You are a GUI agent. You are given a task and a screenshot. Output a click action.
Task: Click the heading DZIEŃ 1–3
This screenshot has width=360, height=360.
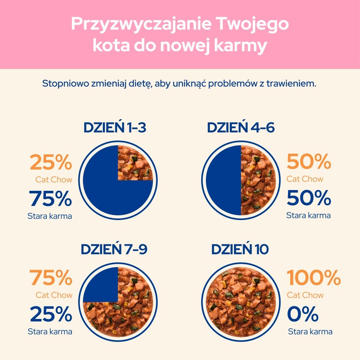click(x=115, y=128)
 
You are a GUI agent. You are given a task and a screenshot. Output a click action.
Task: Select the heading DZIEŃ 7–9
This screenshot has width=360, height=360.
click(x=114, y=249)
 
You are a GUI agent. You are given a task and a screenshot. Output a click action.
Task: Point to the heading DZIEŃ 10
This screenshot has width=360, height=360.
click(x=240, y=249)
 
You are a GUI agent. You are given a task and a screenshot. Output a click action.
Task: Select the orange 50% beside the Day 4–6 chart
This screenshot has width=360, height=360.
click(x=309, y=162)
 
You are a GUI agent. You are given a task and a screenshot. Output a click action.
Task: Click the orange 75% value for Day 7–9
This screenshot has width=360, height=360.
click(x=51, y=278)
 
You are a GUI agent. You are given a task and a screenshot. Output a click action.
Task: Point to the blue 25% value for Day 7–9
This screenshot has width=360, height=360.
click(x=51, y=314)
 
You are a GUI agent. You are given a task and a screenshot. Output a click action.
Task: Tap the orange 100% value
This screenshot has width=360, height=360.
click(x=314, y=278)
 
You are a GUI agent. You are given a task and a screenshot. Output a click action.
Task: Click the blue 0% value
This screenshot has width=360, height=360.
click(x=303, y=314)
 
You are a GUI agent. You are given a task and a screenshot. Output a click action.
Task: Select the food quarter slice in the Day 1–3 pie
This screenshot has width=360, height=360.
click(x=135, y=163)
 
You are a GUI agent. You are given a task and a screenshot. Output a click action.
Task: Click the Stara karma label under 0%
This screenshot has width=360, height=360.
click(x=310, y=332)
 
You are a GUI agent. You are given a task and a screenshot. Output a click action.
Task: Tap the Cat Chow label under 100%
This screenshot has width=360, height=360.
click(x=305, y=295)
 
